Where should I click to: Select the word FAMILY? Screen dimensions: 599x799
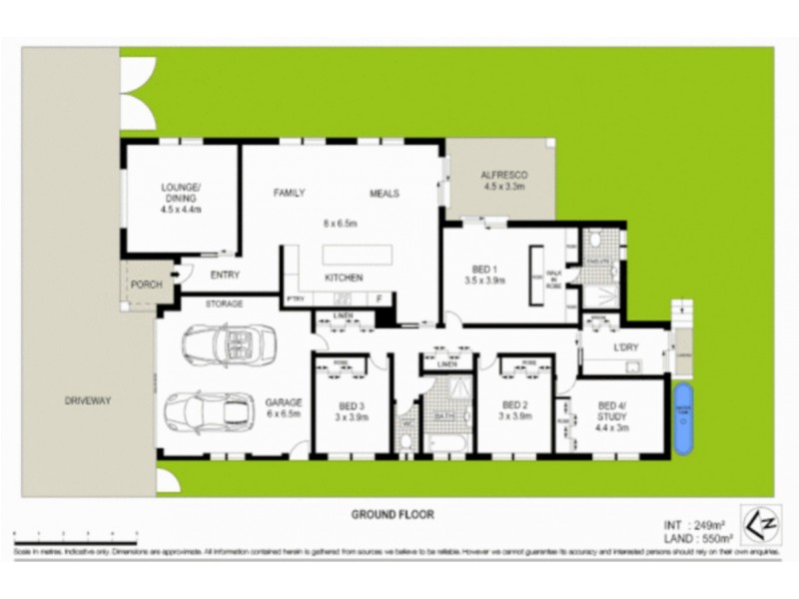(x=290, y=193)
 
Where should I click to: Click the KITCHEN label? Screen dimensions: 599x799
(x=343, y=278)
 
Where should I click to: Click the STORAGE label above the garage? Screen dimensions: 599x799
(x=224, y=301)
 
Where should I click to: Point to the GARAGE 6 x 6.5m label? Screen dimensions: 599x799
(x=284, y=408)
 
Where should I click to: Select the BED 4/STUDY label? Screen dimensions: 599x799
(x=611, y=408)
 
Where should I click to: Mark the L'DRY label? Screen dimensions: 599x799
(x=625, y=346)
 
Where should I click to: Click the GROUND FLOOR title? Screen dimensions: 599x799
(x=383, y=515)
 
